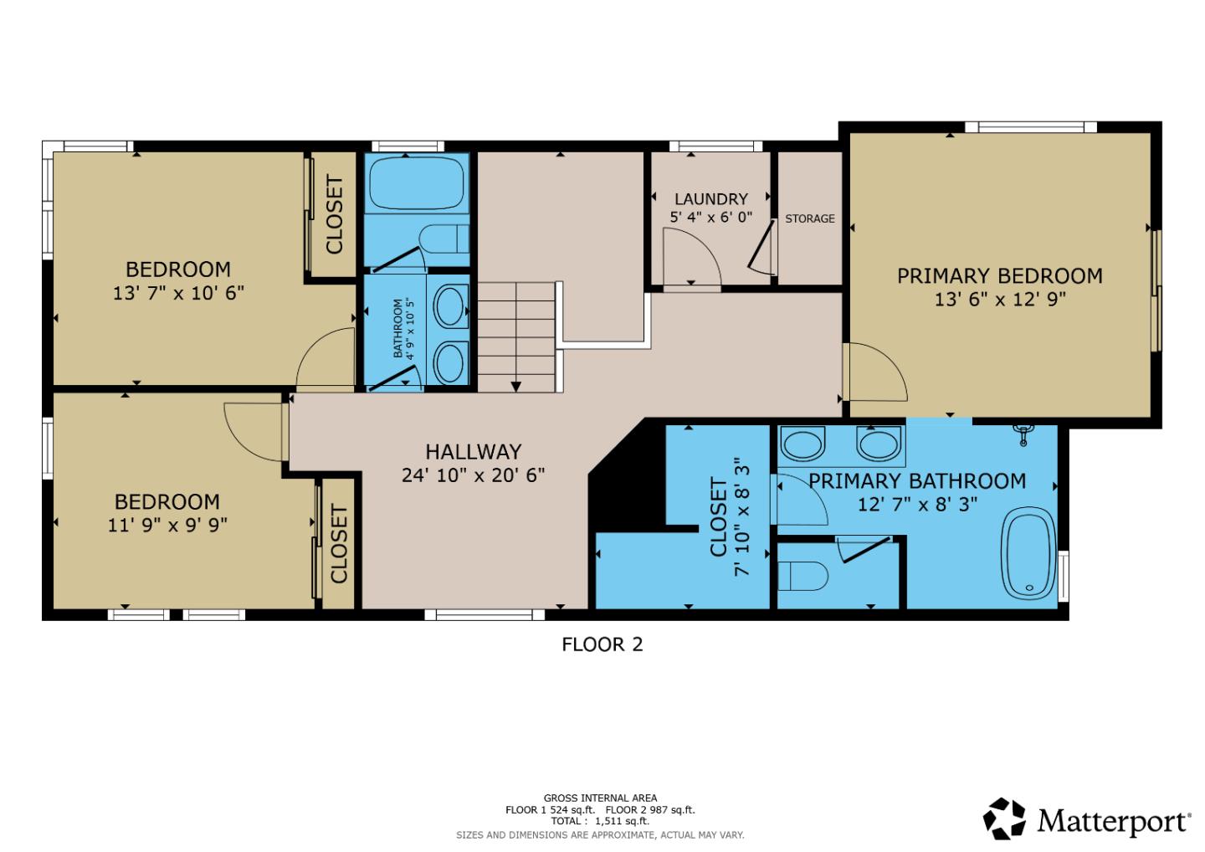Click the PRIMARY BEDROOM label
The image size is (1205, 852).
click(x=999, y=276)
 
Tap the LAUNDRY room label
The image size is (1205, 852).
click(x=710, y=199)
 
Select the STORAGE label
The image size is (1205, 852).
click(x=809, y=218)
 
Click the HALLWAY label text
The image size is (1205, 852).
click(x=473, y=452)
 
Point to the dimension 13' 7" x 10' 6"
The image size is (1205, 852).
click(x=178, y=293)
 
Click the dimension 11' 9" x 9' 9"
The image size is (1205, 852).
click(x=167, y=525)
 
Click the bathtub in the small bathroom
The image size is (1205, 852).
click(x=417, y=184)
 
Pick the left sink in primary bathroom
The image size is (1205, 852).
click(x=802, y=444)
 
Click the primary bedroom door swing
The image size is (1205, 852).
click(x=875, y=372)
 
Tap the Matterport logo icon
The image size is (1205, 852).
click(x=1004, y=819)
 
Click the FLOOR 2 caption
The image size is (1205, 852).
click(x=602, y=644)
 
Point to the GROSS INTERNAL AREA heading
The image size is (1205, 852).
click(x=600, y=798)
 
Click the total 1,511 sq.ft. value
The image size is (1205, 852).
click(x=621, y=821)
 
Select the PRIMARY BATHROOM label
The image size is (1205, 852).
click(x=917, y=481)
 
